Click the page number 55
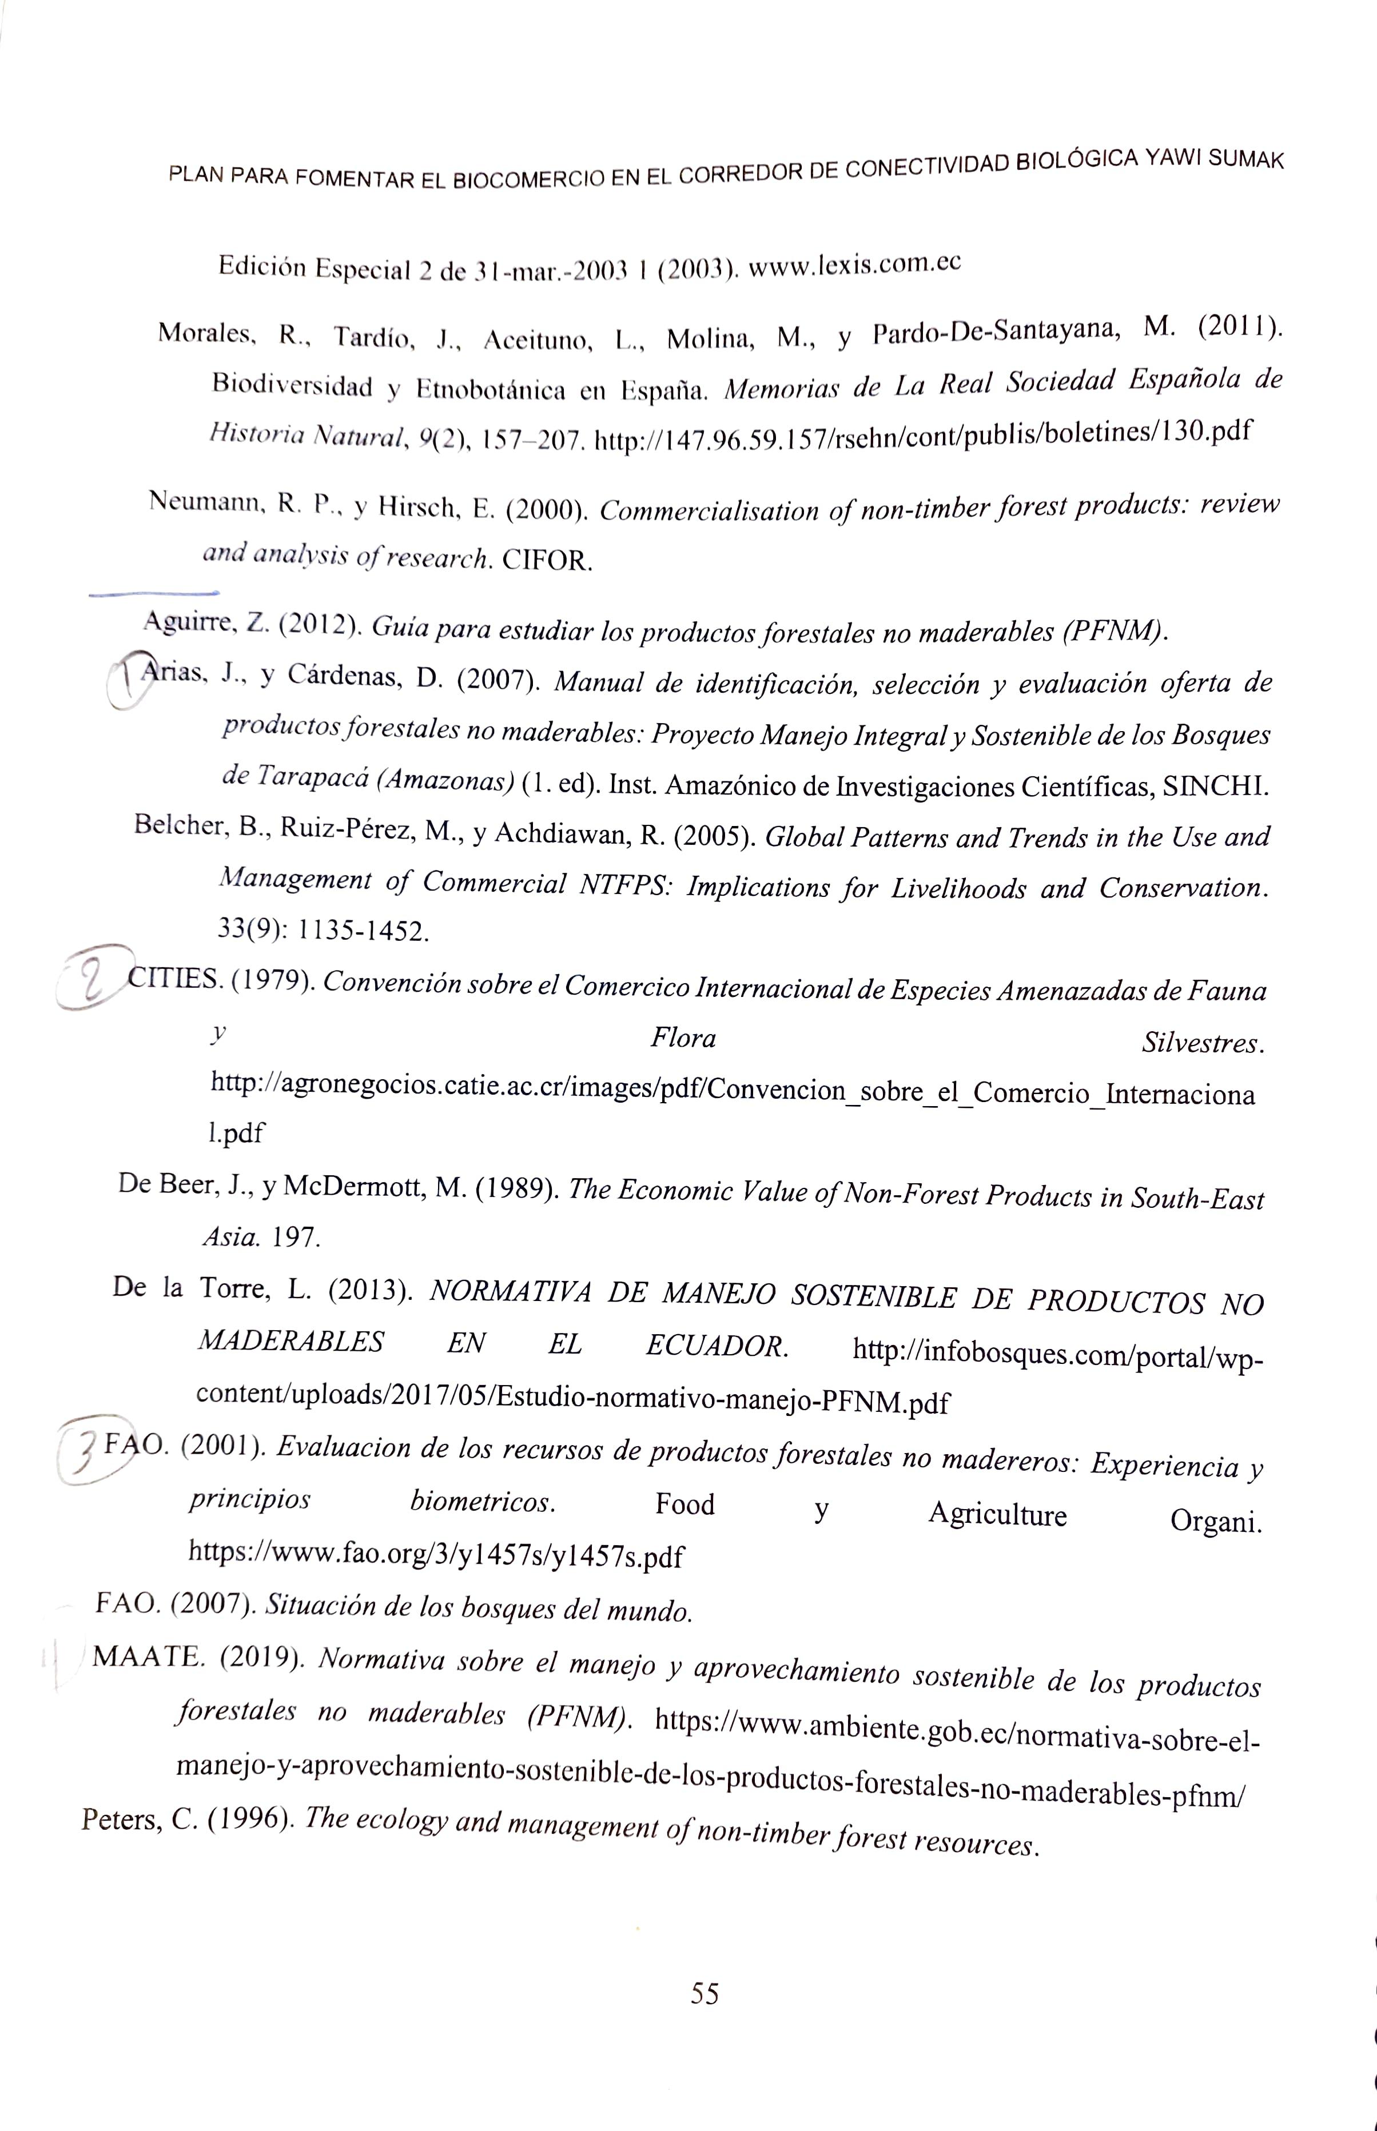click(x=704, y=1993)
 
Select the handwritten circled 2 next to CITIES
click(x=90, y=980)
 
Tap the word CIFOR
click(x=547, y=560)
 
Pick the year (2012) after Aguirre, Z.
click(x=319, y=625)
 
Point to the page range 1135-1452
click(x=362, y=931)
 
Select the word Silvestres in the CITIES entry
click(x=1202, y=1042)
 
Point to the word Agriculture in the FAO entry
click(x=997, y=1513)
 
